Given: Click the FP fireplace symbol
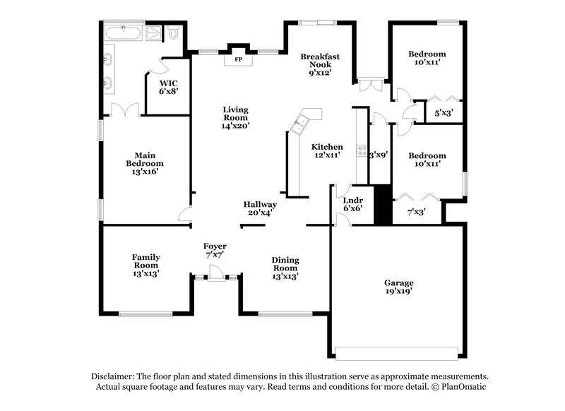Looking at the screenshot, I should (x=238, y=59).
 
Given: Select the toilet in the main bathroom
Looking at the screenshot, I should (x=172, y=32).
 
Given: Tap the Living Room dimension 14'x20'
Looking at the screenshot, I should (x=235, y=125).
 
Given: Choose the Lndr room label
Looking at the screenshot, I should (x=352, y=198).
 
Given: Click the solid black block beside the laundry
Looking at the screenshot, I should (x=382, y=205).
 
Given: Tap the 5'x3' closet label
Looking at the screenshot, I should (x=444, y=112).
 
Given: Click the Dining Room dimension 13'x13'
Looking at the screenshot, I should (x=285, y=276).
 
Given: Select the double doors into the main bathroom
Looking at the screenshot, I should (x=124, y=111).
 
